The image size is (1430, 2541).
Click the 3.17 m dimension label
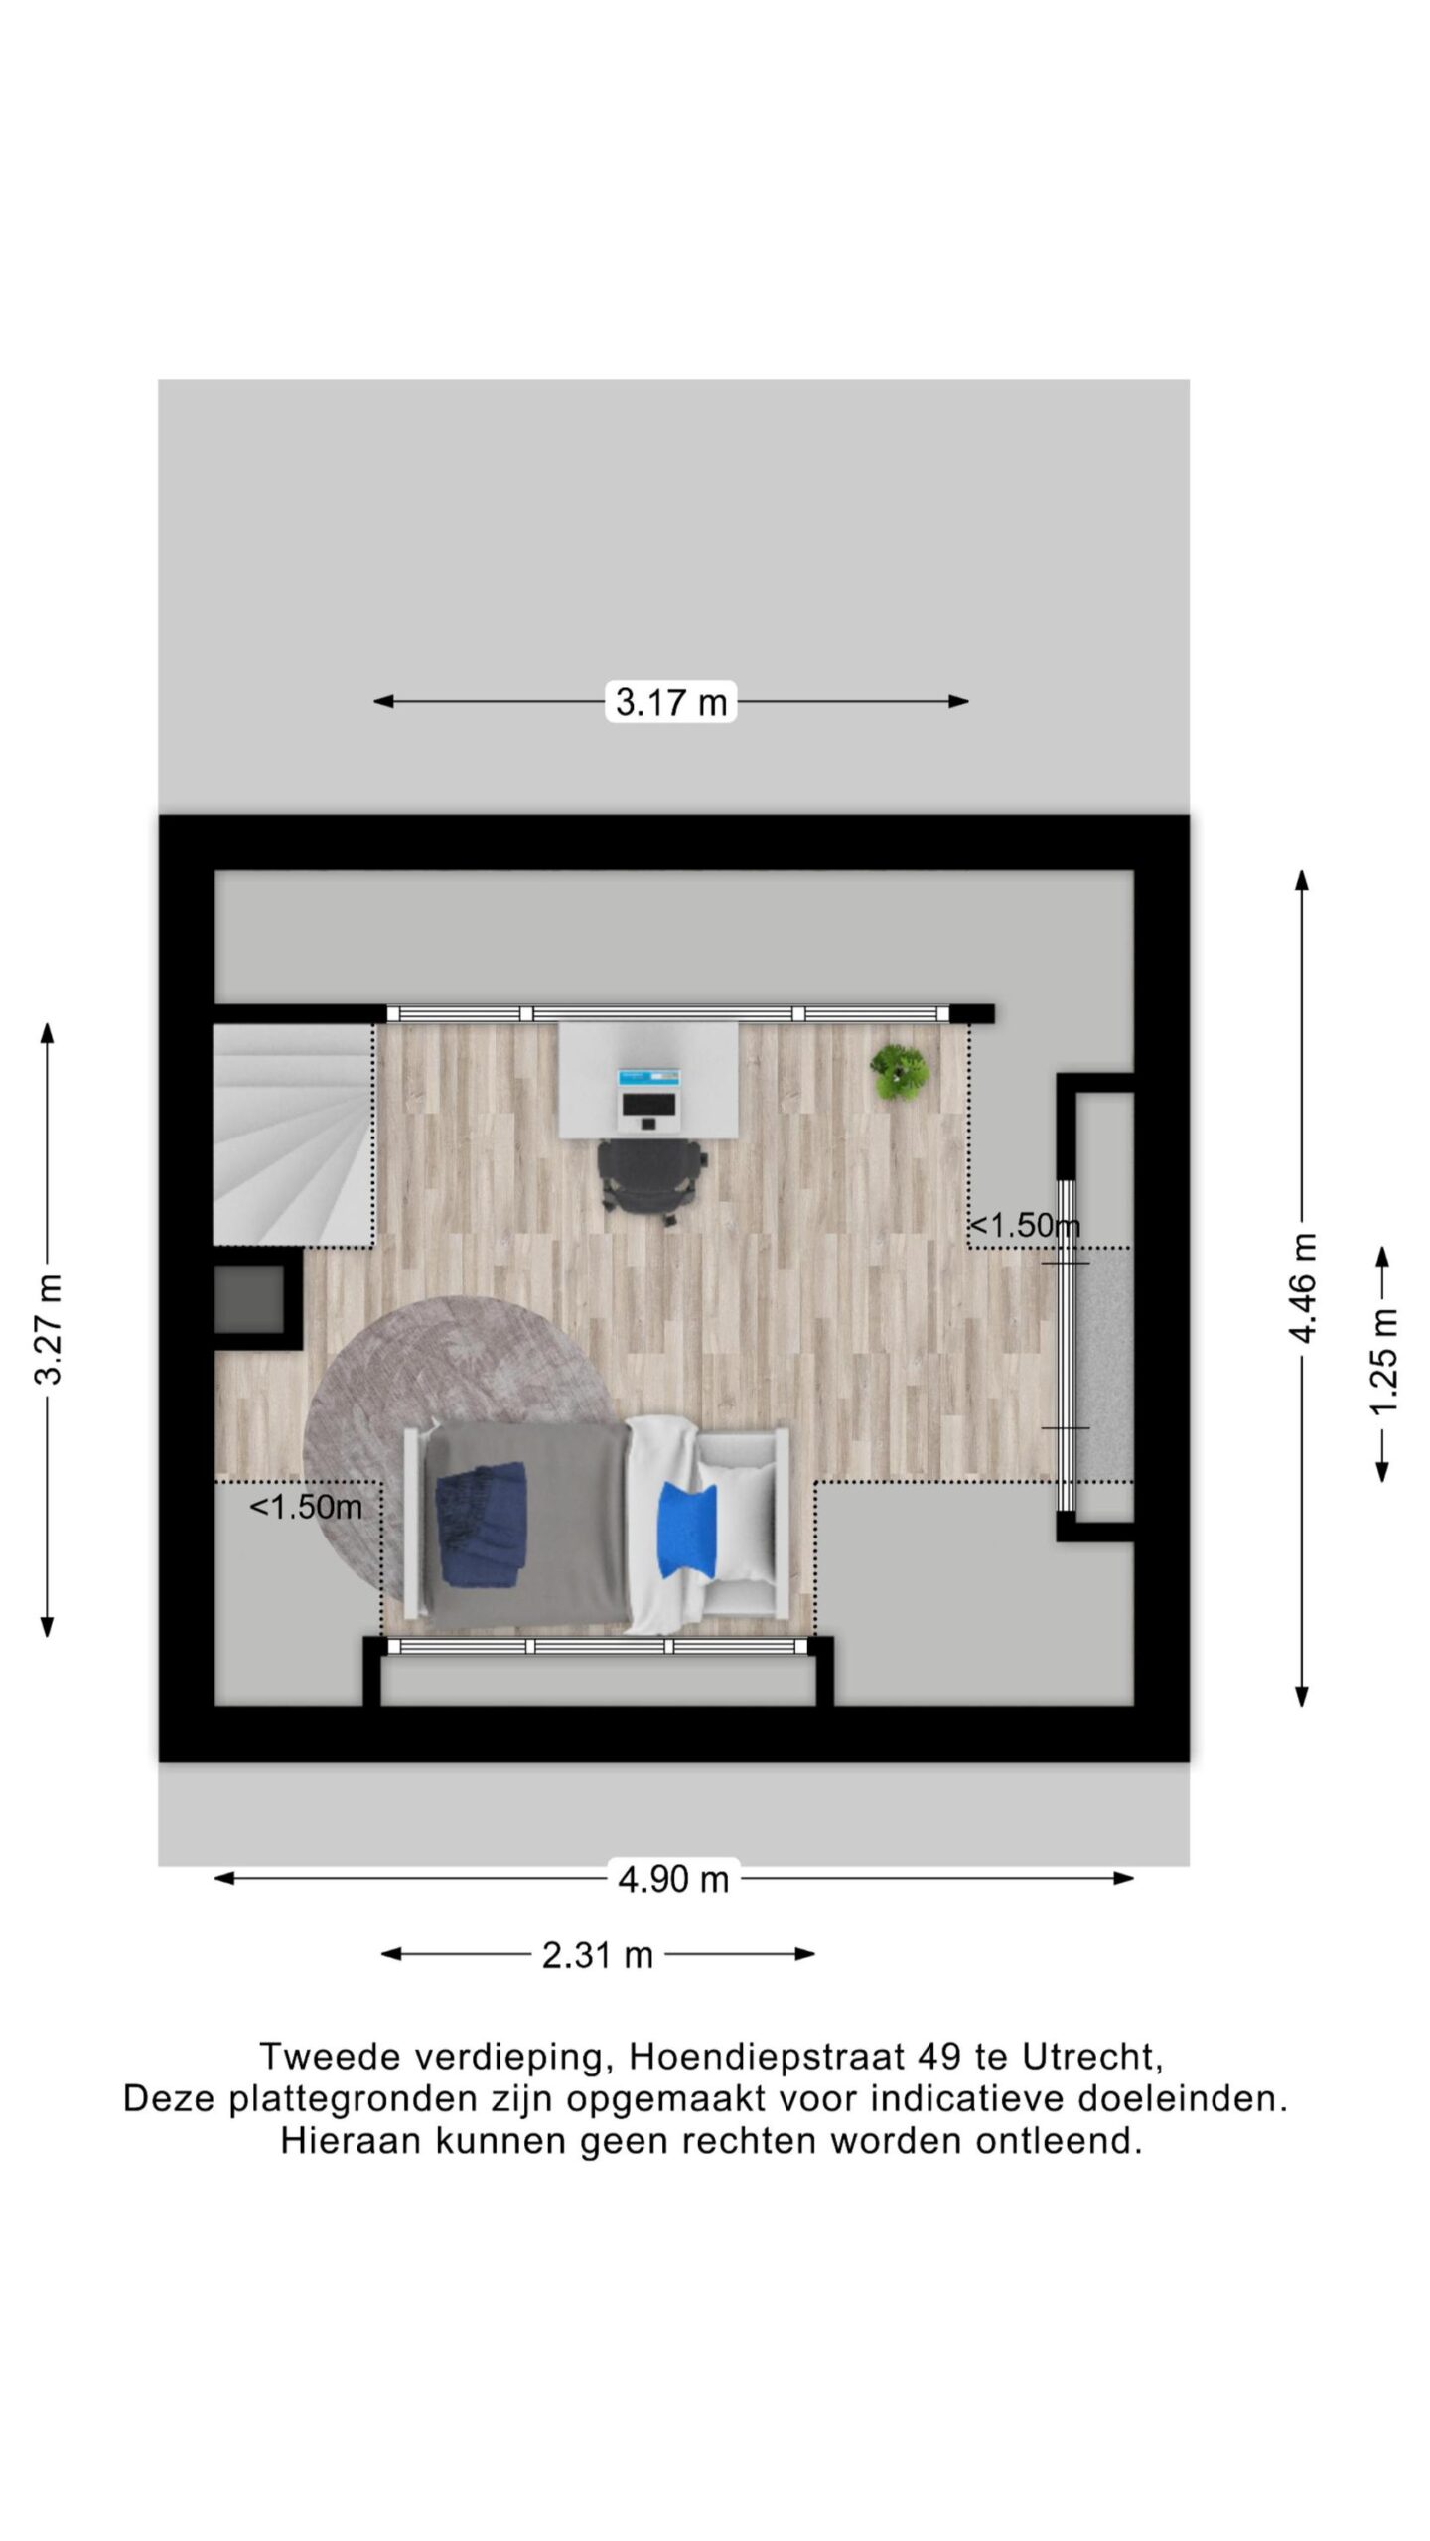[671, 702]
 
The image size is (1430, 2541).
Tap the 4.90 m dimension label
[673, 1878]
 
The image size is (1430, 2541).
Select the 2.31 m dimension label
[598, 1954]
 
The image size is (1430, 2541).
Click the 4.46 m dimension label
[1303, 1287]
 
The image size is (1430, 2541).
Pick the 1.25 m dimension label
[1383, 1362]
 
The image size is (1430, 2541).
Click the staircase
[293, 1135]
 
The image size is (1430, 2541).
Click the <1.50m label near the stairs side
[306, 1507]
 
